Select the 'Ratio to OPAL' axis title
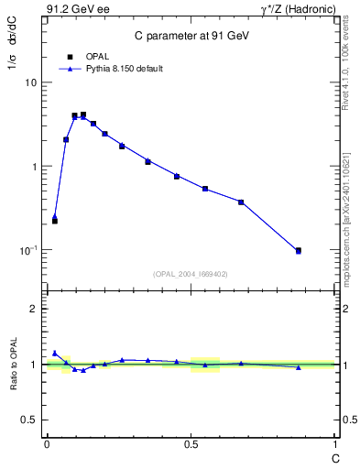point(13,365)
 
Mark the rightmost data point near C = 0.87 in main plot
point(298,250)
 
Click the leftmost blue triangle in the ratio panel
point(54,353)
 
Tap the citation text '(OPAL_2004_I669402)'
point(190,273)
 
